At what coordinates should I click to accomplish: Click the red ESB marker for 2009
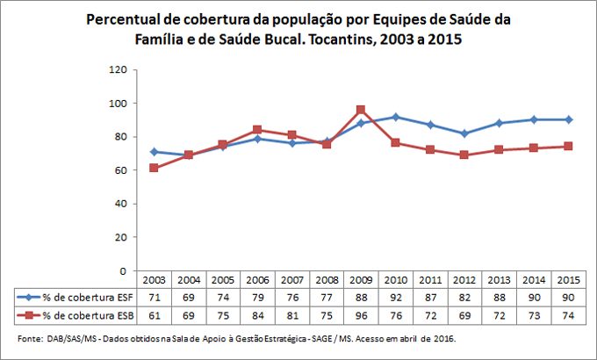[x=361, y=110]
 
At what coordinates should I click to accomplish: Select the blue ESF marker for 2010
[x=397, y=117]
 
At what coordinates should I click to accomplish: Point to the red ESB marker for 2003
[x=155, y=168]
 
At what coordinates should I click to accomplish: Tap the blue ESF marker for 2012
[x=464, y=133]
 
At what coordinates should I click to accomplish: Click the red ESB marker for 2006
[x=257, y=129]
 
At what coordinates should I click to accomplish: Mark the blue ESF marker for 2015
[x=569, y=119]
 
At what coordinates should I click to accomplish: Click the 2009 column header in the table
[x=361, y=280]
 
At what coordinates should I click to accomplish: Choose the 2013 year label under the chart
[x=500, y=280]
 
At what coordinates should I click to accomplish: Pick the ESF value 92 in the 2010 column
[x=396, y=297]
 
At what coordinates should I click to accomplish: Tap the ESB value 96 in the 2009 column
[x=361, y=314]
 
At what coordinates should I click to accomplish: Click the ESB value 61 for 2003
[x=155, y=314]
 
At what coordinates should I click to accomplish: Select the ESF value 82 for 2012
[x=465, y=297]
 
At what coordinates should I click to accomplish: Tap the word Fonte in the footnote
[x=29, y=338]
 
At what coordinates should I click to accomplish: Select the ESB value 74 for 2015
[x=569, y=314]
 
